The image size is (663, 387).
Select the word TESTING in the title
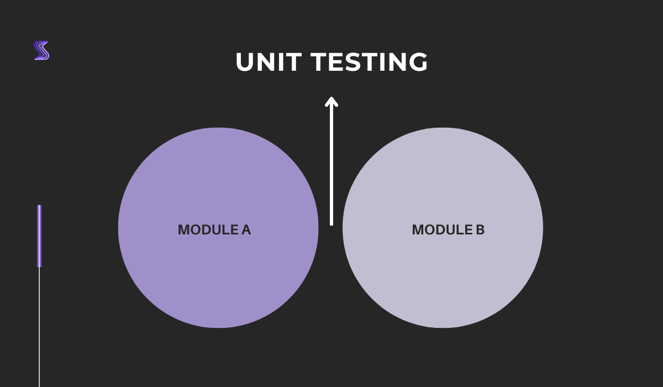(369, 62)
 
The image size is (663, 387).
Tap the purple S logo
(41, 50)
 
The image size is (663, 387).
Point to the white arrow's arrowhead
(331, 101)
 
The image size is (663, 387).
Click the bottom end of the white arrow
(331, 223)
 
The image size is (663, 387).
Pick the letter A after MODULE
(246, 230)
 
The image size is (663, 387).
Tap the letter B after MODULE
(480, 230)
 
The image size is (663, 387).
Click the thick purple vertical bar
(39, 236)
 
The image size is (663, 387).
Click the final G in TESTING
(418, 62)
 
